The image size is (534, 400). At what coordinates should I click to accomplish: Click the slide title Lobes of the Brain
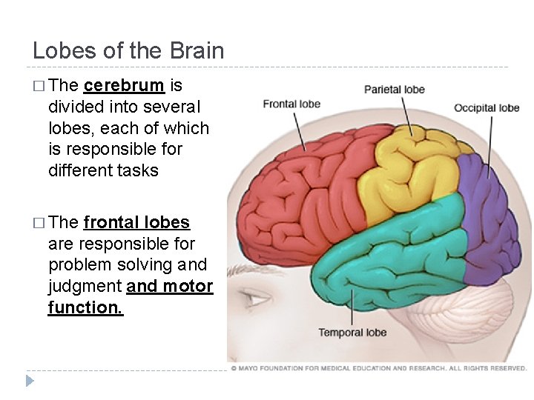(128, 50)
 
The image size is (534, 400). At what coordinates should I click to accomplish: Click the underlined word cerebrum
(125, 85)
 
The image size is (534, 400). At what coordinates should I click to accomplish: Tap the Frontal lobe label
(291, 104)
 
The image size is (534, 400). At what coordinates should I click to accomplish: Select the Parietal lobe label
(395, 90)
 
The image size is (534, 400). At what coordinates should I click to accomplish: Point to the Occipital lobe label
(487, 108)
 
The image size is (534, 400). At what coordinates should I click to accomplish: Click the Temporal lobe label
(352, 333)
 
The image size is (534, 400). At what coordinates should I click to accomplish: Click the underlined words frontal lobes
(137, 222)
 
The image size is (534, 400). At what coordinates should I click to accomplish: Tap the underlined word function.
(85, 307)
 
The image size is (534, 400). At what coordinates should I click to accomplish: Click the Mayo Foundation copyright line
(378, 368)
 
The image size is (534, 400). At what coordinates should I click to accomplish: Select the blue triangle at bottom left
(30, 381)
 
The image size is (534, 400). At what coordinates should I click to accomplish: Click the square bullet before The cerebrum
(39, 86)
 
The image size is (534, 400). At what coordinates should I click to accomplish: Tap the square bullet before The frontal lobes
(39, 223)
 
